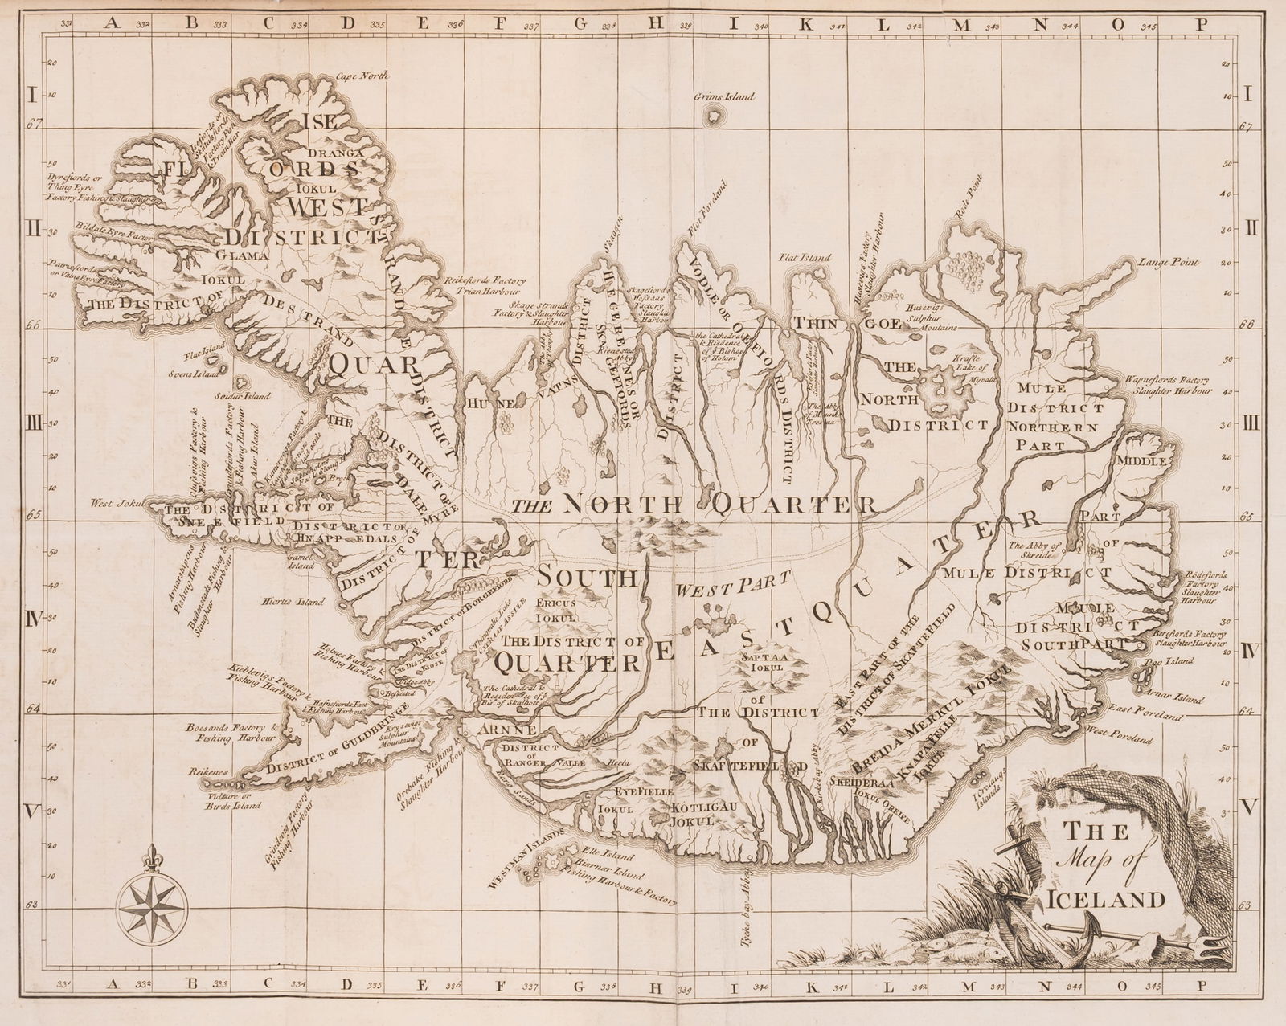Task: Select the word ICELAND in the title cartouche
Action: click(x=1106, y=900)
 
